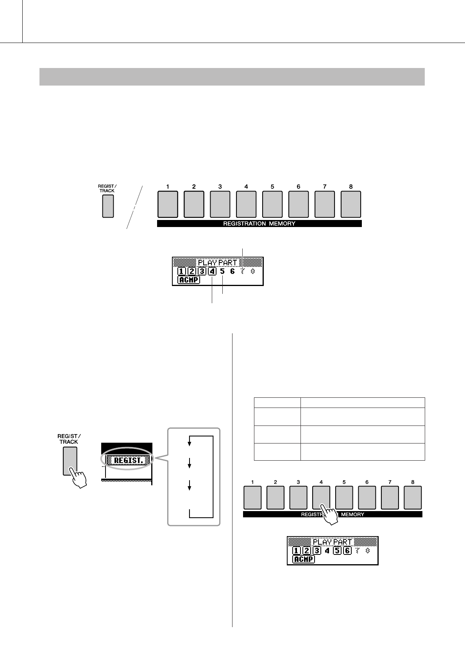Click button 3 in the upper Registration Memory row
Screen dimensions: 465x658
pyautogui.click(x=220, y=204)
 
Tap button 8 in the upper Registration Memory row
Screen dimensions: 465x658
pyautogui.click(x=351, y=204)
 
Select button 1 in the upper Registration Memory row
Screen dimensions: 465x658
pyautogui.click(x=168, y=204)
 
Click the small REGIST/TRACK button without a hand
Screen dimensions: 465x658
pyautogui.click(x=108, y=206)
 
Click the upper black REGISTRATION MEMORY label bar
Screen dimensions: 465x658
pyautogui.click(x=259, y=224)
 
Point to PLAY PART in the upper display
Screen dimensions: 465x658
pyautogui.click(x=217, y=263)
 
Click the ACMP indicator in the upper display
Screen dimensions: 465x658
pyautogui.click(x=189, y=280)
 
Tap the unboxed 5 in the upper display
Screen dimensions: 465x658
pyautogui.click(x=222, y=271)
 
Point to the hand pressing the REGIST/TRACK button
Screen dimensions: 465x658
pyautogui.click(x=77, y=477)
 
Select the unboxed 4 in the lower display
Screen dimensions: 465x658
pyautogui.click(x=327, y=551)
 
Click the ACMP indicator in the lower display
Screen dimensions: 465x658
pyautogui.click(x=304, y=559)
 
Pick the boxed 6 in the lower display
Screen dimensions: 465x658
pyautogui.click(x=347, y=551)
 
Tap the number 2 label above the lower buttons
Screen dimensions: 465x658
pyautogui.click(x=275, y=482)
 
